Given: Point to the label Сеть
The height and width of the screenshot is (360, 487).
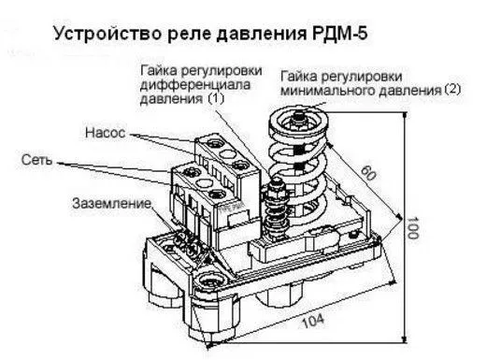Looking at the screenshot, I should [35, 161].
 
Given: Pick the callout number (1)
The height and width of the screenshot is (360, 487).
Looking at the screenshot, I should [217, 97].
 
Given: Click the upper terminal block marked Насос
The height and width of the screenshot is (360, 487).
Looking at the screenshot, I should [224, 151].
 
